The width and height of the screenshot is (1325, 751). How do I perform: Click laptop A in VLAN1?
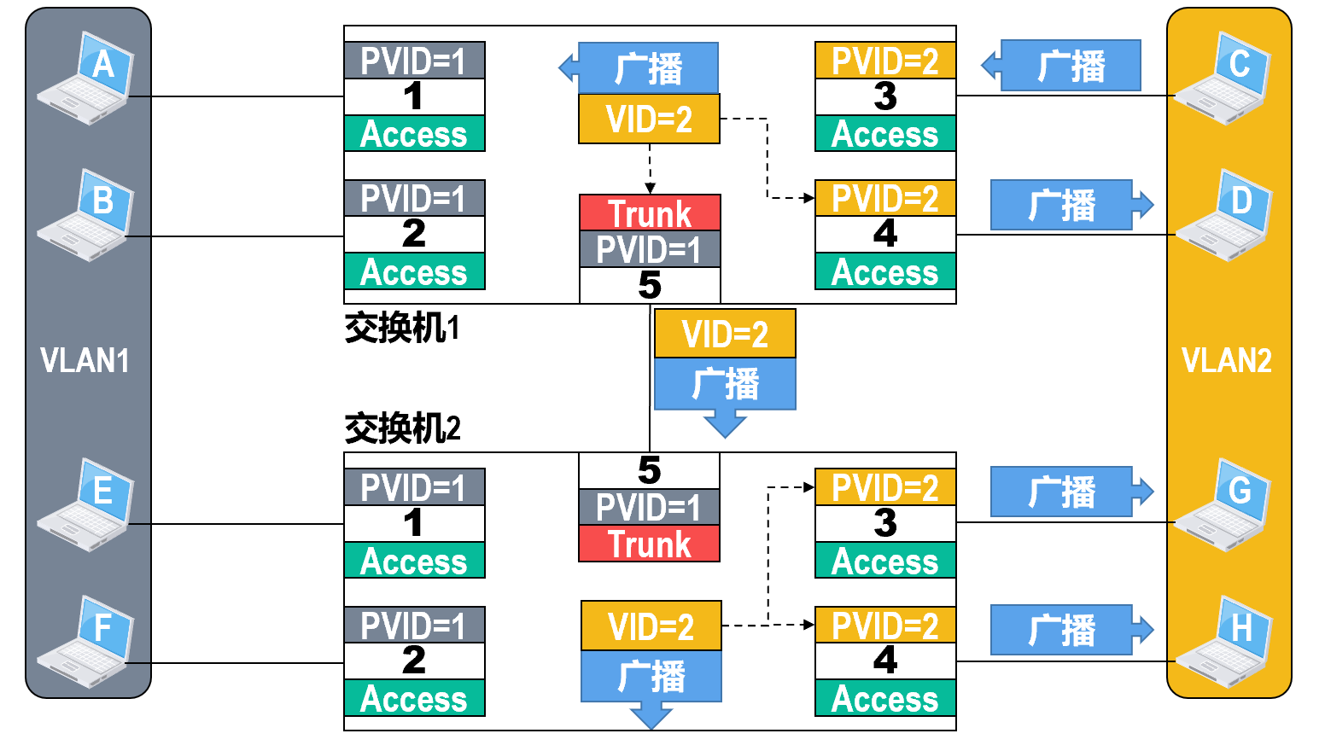coord(87,79)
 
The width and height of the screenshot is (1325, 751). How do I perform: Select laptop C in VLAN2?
coord(1223,79)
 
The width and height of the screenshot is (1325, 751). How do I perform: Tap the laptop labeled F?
coord(87,642)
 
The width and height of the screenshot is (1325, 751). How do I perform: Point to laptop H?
coord(1224,642)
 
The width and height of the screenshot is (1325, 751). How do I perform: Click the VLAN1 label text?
coord(85,361)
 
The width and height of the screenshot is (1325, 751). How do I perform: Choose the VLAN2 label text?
coord(1227,361)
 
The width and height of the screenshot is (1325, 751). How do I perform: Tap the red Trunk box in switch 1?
coord(650,212)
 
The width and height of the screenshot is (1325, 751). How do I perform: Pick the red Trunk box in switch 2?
coord(650,544)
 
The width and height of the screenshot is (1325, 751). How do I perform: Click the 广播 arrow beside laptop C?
coord(1067,65)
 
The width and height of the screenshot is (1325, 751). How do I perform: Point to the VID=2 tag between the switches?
coord(725,334)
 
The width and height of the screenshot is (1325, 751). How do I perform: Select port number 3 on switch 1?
coord(885,96)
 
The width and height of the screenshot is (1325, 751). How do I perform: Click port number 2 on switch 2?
coord(414,661)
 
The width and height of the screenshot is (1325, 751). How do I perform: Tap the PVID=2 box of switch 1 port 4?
coord(885,199)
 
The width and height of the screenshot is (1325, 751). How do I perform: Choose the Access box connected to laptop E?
coord(414,561)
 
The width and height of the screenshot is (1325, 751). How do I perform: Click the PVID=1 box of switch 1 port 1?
coord(414,61)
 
